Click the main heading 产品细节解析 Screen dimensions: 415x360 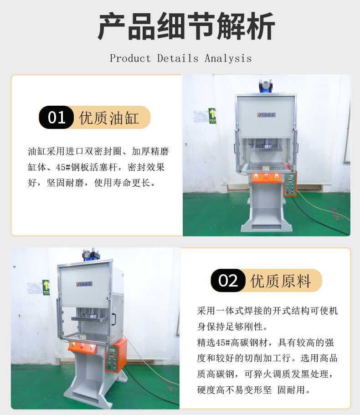pyautogui.click(x=186, y=27)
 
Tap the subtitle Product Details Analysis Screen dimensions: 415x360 pyautogui.click(x=180, y=58)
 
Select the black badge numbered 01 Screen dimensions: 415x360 pyautogui.click(x=57, y=118)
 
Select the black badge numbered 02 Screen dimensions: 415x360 pyautogui.click(x=228, y=280)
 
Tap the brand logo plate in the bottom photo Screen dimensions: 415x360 pyautogui.click(x=84, y=284)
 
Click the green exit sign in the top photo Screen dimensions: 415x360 pyautogui.click(x=212, y=116)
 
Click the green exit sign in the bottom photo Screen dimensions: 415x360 pyautogui.click(x=46, y=287)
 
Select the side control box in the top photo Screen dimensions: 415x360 pyautogui.click(x=289, y=184)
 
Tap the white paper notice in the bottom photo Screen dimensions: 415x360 pyautogui.click(x=33, y=287)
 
